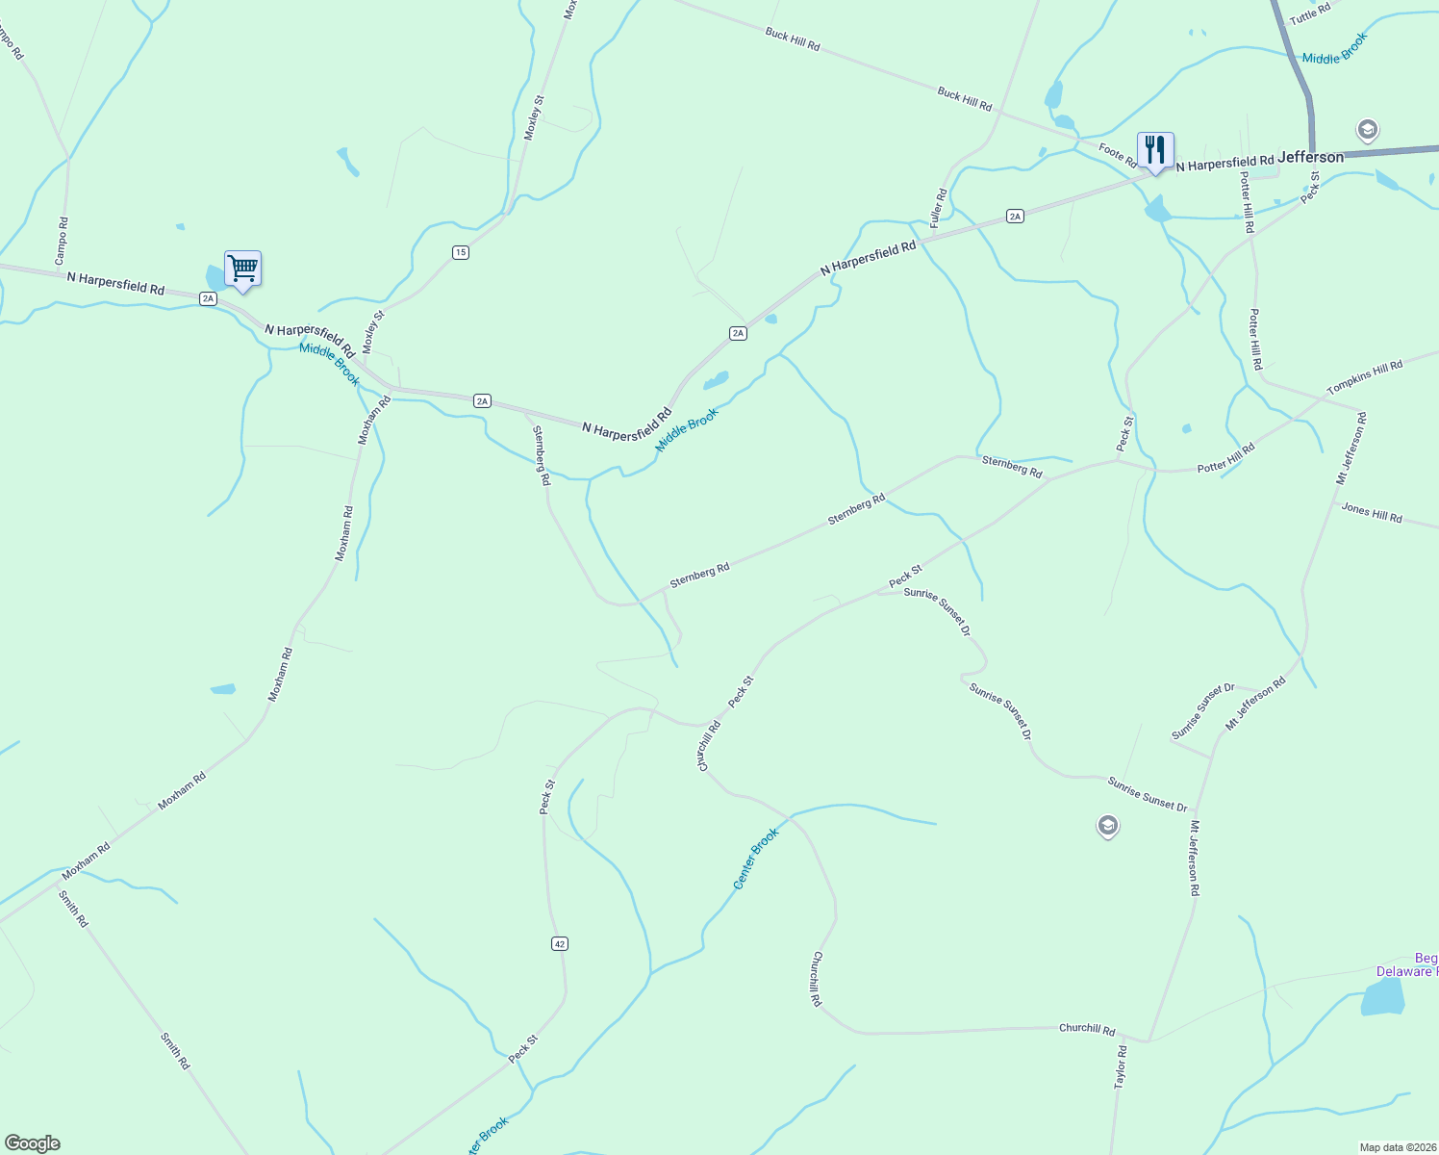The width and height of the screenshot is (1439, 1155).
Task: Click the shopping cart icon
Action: coord(242,269)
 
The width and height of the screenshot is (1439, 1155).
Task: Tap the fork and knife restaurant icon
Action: coord(1155,150)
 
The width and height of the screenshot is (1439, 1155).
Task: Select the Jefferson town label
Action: coord(1310,157)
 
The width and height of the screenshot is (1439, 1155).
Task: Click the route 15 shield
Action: coord(460,252)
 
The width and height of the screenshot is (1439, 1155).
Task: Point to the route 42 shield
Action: coord(560,943)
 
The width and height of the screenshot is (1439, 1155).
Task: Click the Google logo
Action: coord(32,1143)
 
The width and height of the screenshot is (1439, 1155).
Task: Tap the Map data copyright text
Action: coord(1396,1147)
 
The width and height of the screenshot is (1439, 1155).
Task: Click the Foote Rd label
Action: coord(1118,155)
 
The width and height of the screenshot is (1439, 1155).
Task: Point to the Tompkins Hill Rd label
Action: coord(1364,377)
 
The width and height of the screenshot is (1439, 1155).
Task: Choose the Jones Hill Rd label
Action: coord(1372,513)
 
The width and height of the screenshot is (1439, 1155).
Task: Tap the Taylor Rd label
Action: coord(1121,1066)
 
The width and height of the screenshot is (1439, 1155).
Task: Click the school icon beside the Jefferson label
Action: coord(1367,129)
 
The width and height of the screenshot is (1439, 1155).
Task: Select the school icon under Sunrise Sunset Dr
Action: coord(1107,826)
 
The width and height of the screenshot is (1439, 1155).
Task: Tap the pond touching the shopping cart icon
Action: coord(215,277)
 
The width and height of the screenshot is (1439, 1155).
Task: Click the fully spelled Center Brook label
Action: coord(755,859)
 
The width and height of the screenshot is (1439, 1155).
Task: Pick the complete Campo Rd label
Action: coord(62,241)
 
